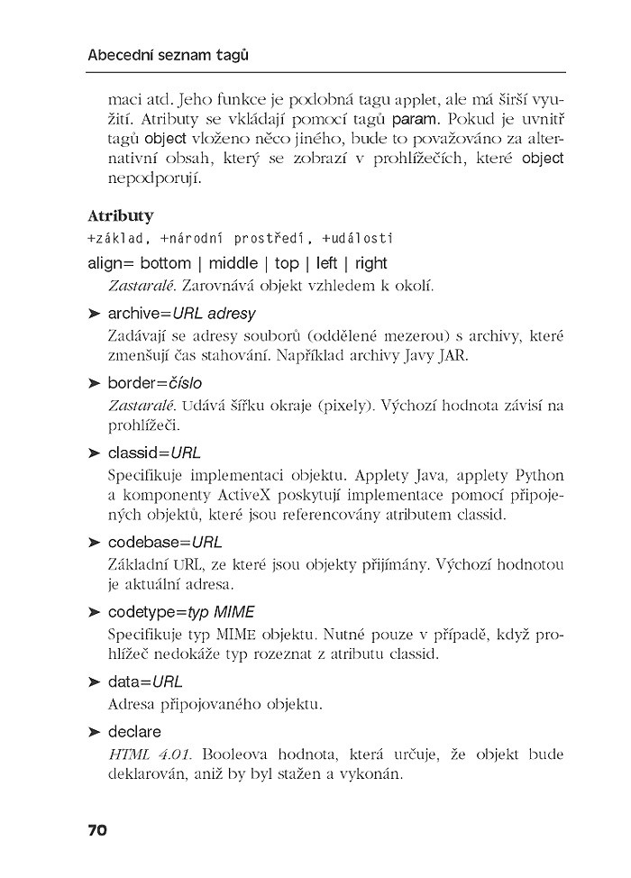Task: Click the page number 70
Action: point(97,829)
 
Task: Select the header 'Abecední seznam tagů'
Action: point(168,56)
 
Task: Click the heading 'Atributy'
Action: point(120,216)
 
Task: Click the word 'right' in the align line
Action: point(370,264)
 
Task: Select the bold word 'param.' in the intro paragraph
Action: point(416,119)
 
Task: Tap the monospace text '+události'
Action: point(357,239)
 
